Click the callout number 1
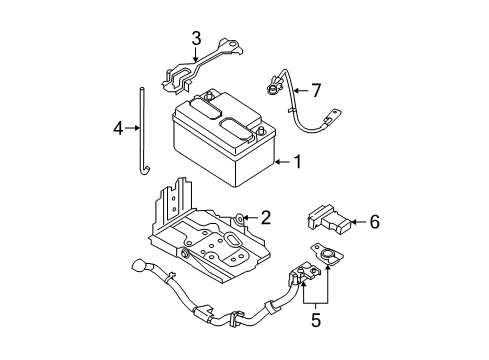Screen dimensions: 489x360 [x=297, y=162]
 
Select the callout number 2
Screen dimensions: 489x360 [x=266, y=218]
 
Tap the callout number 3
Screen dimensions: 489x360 [x=196, y=39]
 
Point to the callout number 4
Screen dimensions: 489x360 [x=118, y=128]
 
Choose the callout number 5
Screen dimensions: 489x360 [x=316, y=320]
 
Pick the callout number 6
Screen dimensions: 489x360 [x=374, y=222]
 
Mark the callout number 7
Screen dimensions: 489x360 [x=316, y=90]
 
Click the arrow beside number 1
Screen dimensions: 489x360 [x=282, y=162]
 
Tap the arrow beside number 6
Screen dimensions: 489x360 [x=359, y=222]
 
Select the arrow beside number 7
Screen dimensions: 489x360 [x=301, y=90]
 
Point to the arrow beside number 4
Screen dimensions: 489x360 [x=132, y=128]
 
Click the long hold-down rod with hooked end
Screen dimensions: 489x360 [x=143, y=131]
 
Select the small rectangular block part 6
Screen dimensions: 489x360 [x=329, y=218]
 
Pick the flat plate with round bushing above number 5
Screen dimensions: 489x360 [x=327, y=255]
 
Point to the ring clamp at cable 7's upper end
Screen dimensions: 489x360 [x=273, y=88]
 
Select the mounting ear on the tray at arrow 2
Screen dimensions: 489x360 [x=239, y=219]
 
